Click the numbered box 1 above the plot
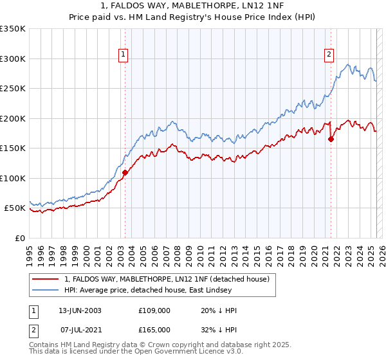click(123, 55)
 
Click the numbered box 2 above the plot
click(329, 55)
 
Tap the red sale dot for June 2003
click(125, 172)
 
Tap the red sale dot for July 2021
click(331, 138)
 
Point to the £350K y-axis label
click(13, 29)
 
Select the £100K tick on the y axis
click(13, 178)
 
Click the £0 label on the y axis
click(19, 238)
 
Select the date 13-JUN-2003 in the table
click(80, 310)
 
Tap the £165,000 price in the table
click(154, 329)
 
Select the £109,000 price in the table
click(154, 310)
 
